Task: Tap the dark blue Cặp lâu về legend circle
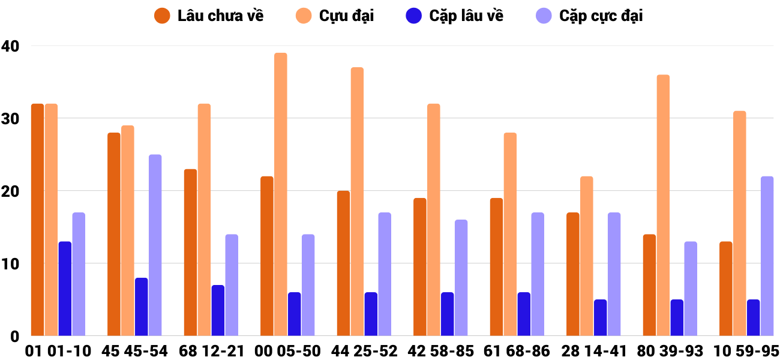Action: click(415, 16)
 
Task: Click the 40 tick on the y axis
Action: click(10, 46)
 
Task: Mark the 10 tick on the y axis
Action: click(10, 263)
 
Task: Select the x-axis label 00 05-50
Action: click(287, 351)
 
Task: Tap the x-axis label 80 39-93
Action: click(670, 351)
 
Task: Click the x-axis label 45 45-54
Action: click(134, 351)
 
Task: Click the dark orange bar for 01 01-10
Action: click(37, 220)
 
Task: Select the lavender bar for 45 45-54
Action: click(155, 245)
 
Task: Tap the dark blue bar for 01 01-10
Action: click(65, 289)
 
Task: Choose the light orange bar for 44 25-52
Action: click(357, 201)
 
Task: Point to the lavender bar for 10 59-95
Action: click(767, 256)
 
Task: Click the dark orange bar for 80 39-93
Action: click(649, 285)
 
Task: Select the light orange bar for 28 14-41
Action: click(587, 256)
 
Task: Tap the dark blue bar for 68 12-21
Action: click(218, 310)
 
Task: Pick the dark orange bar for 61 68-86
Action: click(496, 266)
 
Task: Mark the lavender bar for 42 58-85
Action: click(461, 278)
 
